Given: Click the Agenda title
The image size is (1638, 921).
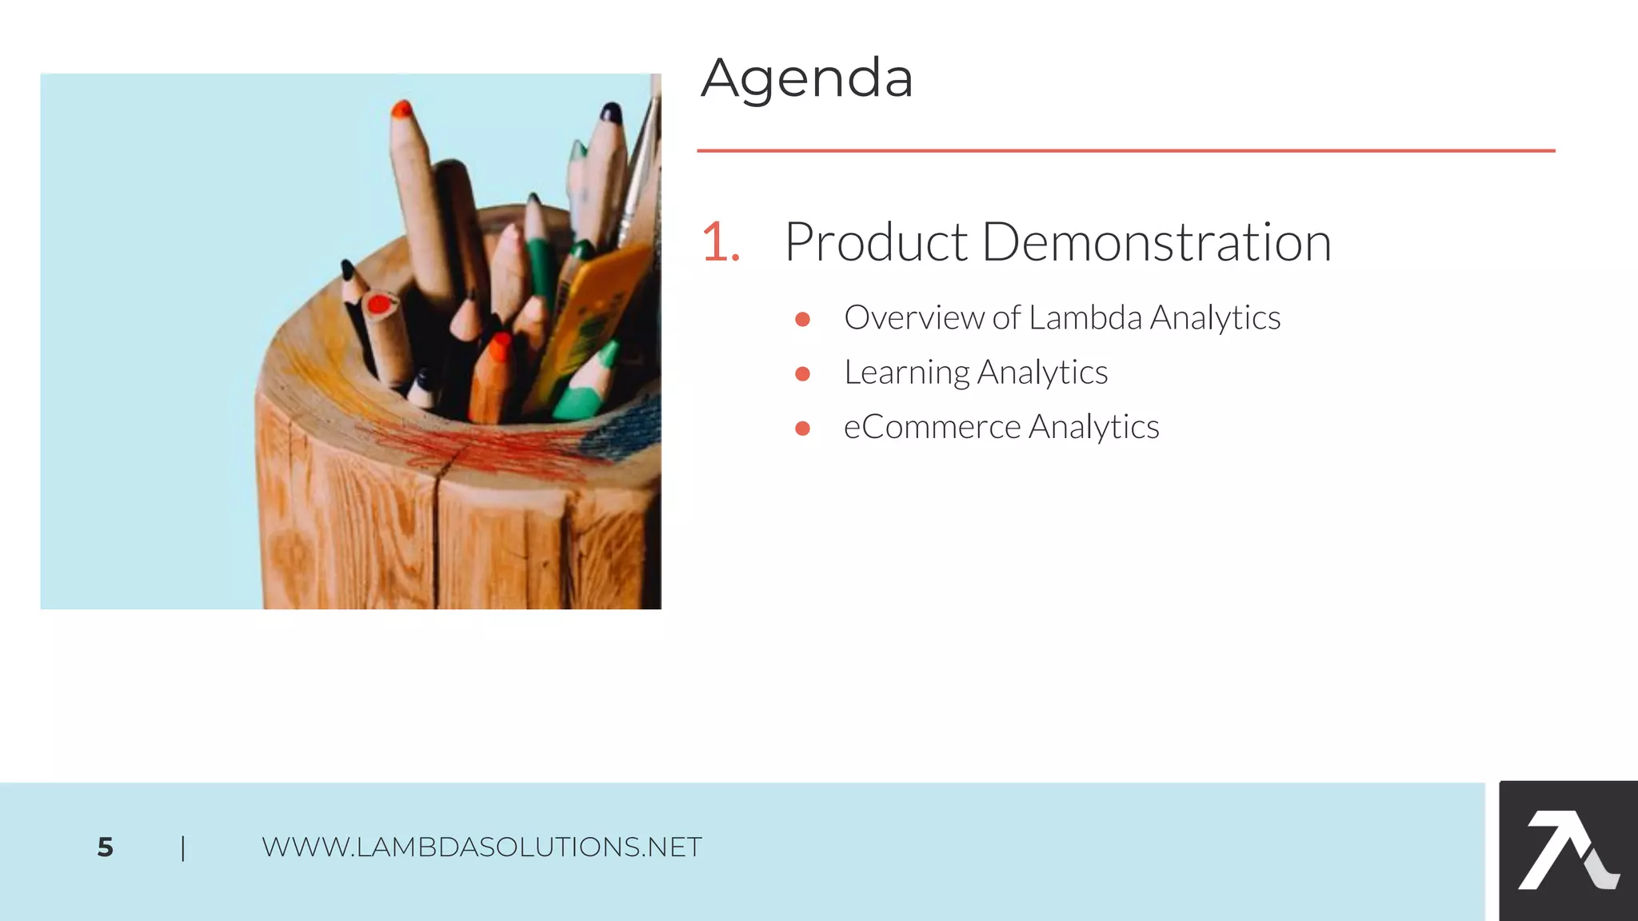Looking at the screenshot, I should (806, 78).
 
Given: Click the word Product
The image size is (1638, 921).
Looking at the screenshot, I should (876, 241).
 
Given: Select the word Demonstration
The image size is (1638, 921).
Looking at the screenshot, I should (1156, 241).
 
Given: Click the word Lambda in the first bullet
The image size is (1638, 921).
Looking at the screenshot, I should (1085, 317).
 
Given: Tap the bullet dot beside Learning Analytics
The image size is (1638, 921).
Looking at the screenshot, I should (803, 373).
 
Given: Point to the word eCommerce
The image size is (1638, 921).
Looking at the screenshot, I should (932, 427).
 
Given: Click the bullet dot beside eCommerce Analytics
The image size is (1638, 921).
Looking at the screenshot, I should (803, 429).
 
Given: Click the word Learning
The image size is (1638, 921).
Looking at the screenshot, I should (906, 373).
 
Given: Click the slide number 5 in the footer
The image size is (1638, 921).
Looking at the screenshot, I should (105, 847).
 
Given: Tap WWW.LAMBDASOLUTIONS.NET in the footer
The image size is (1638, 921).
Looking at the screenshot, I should (481, 847).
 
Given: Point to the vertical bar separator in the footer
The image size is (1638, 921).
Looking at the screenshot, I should (183, 847).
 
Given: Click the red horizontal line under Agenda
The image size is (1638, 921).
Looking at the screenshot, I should (1125, 150).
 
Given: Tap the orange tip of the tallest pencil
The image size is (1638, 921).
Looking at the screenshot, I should (402, 109).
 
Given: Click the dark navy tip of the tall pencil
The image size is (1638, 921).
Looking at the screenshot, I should (611, 112).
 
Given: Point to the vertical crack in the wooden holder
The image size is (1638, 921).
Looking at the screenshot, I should (436, 536).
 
